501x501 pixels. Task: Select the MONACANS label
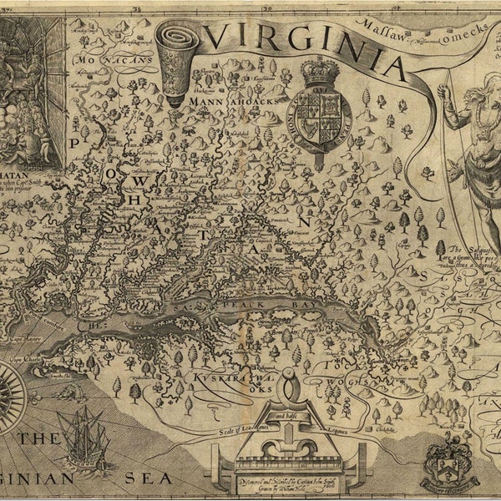pos(107,61)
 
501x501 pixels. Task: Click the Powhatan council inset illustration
pos(32,93)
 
